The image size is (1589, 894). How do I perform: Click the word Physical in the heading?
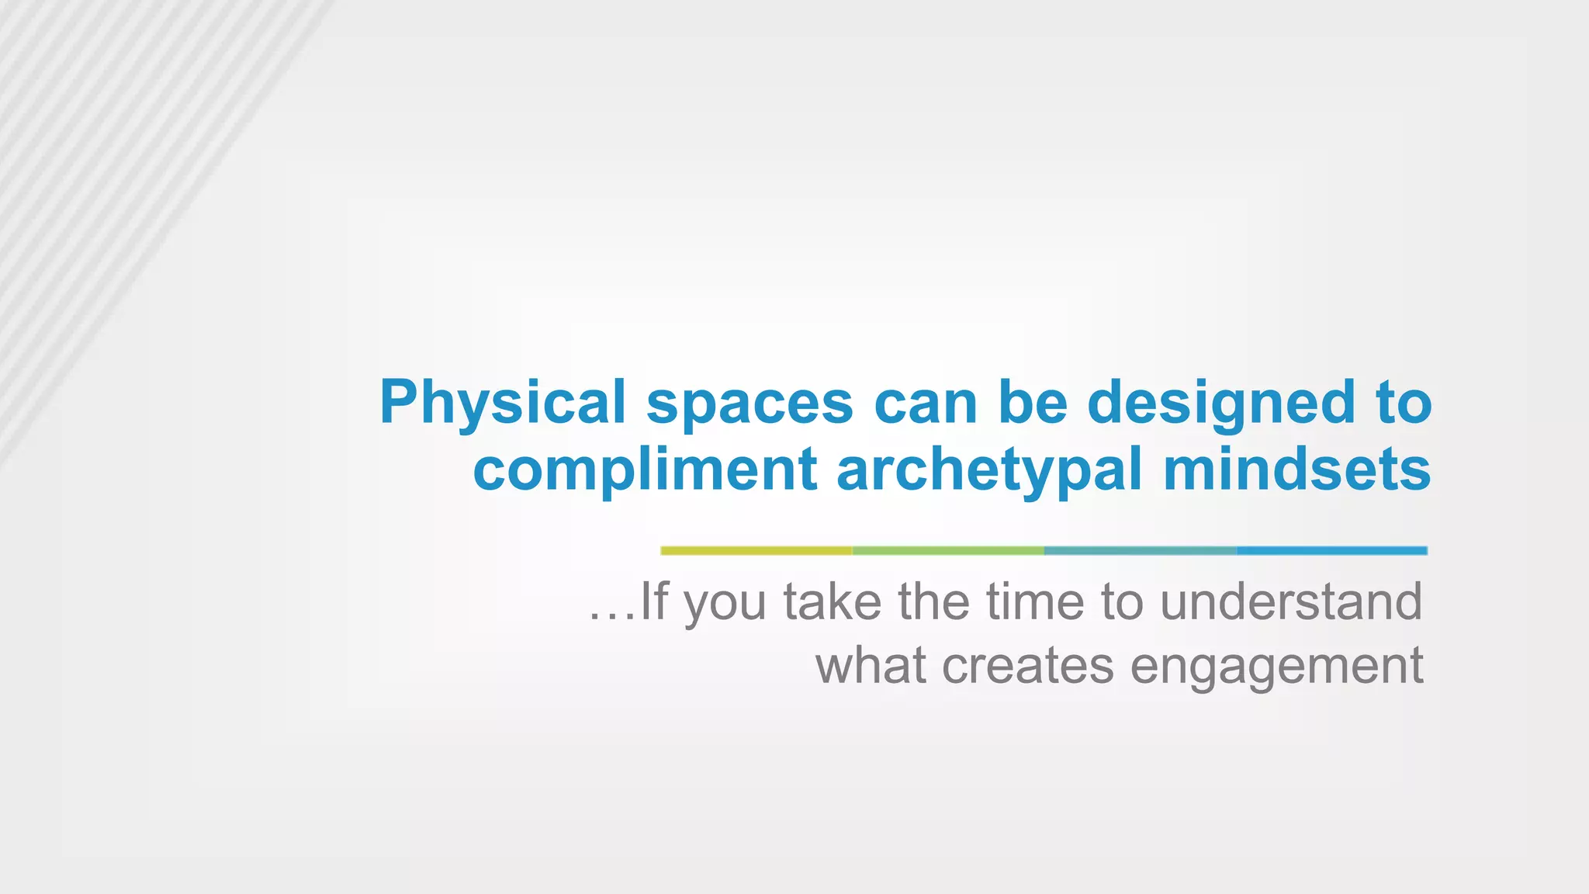pyautogui.click(x=502, y=403)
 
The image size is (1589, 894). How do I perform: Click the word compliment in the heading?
pyautogui.click(x=644, y=470)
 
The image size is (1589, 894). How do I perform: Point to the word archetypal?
pyautogui.click(x=989, y=470)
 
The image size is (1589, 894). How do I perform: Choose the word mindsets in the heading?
pyautogui.click(x=1296, y=470)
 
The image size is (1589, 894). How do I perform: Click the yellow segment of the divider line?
pyautogui.click(x=756, y=550)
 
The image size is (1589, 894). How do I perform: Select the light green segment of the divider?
pyautogui.click(x=948, y=550)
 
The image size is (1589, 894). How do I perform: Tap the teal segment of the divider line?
pyautogui.click(x=1140, y=550)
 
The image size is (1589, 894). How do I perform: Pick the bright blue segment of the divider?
pyautogui.click(x=1331, y=550)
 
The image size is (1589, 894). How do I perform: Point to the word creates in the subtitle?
pyautogui.click(x=1027, y=666)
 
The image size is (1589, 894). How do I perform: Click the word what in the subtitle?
pyautogui.click(x=870, y=666)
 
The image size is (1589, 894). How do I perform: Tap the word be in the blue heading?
pyautogui.click(x=1032, y=403)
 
